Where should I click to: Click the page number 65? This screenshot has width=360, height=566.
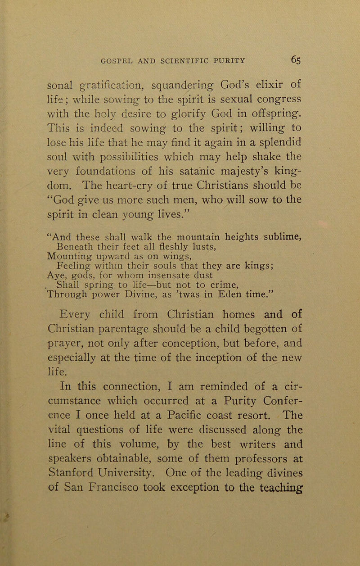pyautogui.click(x=297, y=46)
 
